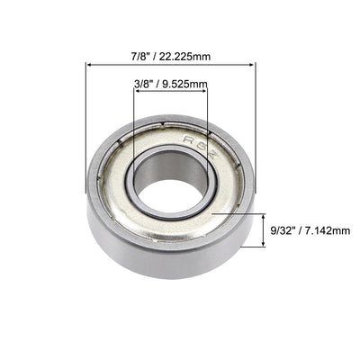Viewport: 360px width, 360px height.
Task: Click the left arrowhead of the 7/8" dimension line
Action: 89,65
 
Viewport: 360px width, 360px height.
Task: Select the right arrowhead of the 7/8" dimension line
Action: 253,65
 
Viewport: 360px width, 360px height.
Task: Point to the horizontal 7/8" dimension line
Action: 171,65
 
